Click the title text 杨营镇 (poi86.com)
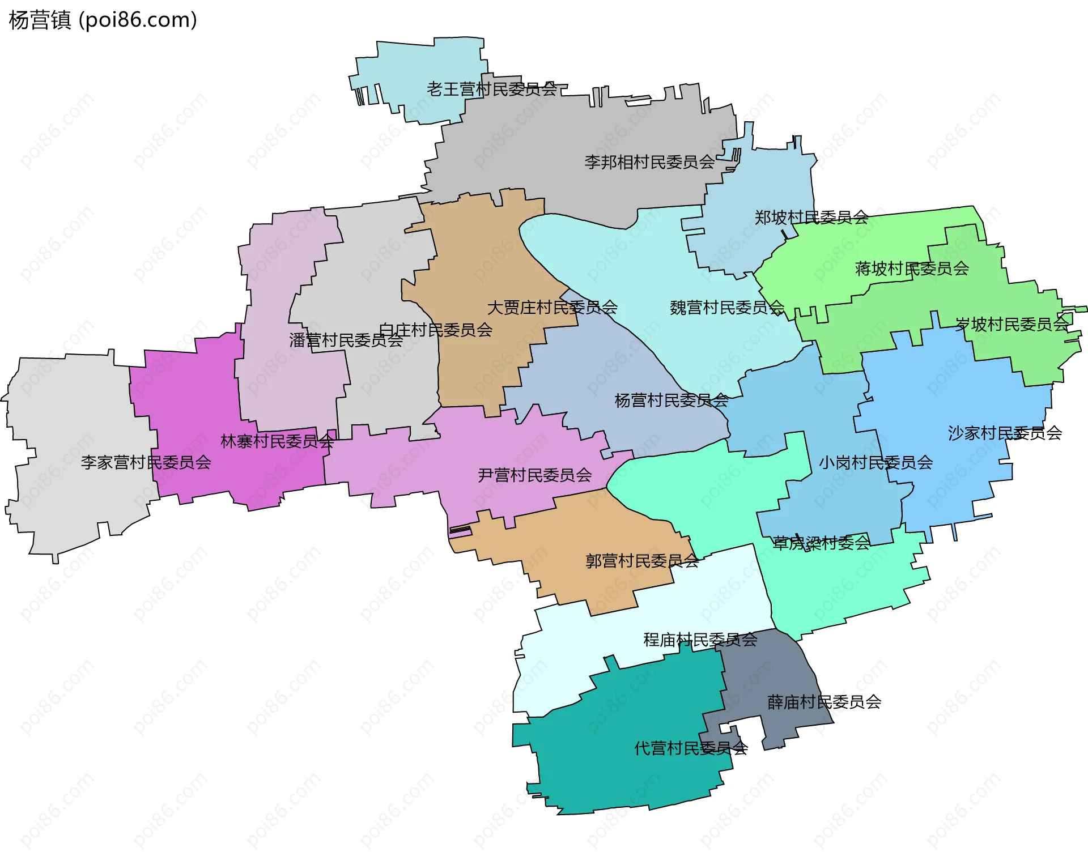(x=103, y=20)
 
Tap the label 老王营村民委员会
(x=492, y=89)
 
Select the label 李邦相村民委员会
(x=649, y=163)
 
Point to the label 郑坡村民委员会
(x=811, y=218)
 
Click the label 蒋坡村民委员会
(x=912, y=269)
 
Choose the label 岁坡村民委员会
(x=1011, y=325)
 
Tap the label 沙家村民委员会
(x=1005, y=433)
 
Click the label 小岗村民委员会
(x=875, y=463)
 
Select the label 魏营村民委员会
(x=727, y=308)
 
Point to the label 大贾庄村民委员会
(x=552, y=308)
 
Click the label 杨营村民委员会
(x=671, y=401)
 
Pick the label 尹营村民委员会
(x=534, y=475)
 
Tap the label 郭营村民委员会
(x=642, y=561)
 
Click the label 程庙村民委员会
(x=700, y=640)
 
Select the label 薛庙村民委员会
(x=824, y=702)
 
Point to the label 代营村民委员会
(x=691, y=748)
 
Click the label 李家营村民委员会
(x=146, y=463)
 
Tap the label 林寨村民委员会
(x=277, y=441)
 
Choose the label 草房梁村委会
(x=821, y=543)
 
